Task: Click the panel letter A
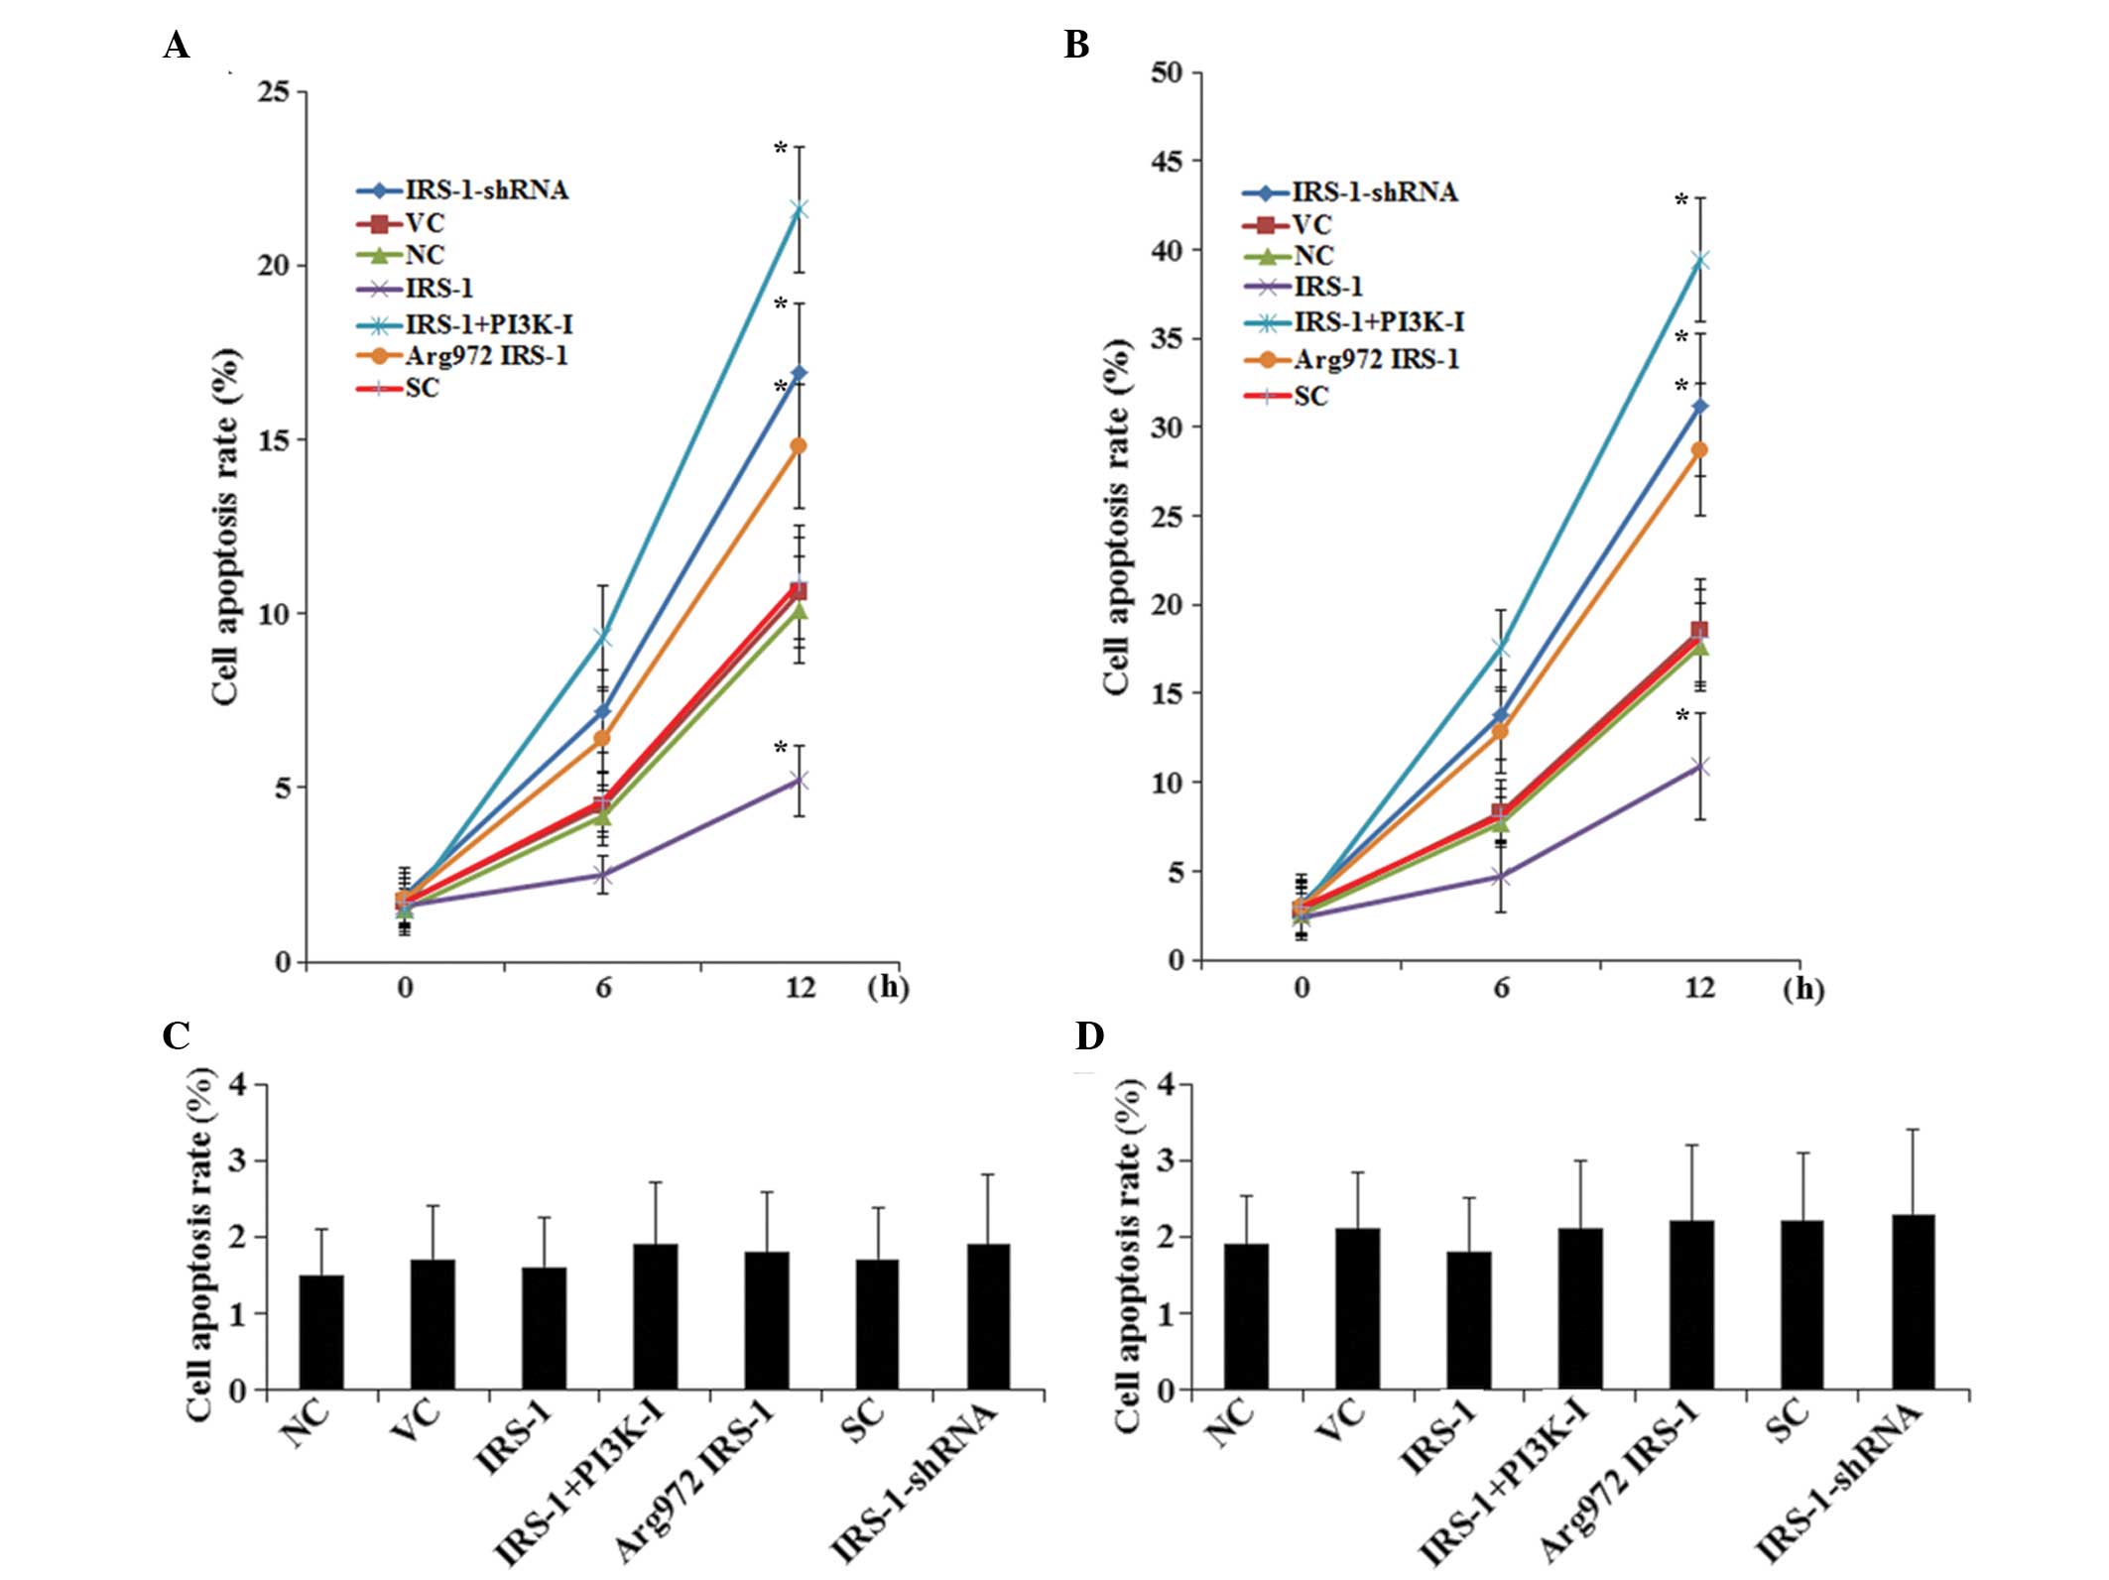[x=177, y=46]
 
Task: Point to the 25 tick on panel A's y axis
[x=273, y=92]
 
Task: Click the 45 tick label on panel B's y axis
[x=1166, y=161]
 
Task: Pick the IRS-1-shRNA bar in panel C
[x=988, y=1316]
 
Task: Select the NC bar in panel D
[x=1245, y=1316]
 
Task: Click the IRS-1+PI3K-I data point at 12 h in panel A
[x=799, y=209]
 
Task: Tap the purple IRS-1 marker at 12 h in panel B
[x=1700, y=767]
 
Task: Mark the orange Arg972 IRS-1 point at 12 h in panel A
[x=799, y=446]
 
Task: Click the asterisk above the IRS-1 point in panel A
[x=781, y=748]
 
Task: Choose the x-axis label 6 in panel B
[x=1501, y=988]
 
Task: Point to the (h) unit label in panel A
[x=888, y=988]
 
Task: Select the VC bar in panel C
[x=433, y=1324]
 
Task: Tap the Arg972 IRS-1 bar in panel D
[x=1691, y=1304]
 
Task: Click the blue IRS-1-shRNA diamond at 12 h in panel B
[x=1700, y=407]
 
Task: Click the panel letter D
[x=1089, y=1036]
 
